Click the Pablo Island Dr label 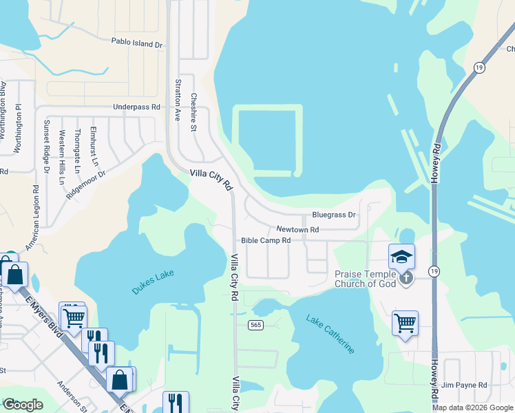(137, 44)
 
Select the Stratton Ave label (178, 100)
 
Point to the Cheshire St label (194, 107)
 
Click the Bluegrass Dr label (333, 215)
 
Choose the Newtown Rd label (297, 229)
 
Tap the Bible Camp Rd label (266, 241)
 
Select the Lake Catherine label (331, 335)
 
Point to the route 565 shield (255, 325)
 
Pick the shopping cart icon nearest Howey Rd (406, 323)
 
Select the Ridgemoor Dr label (86, 185)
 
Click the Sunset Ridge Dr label (47, 146)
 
